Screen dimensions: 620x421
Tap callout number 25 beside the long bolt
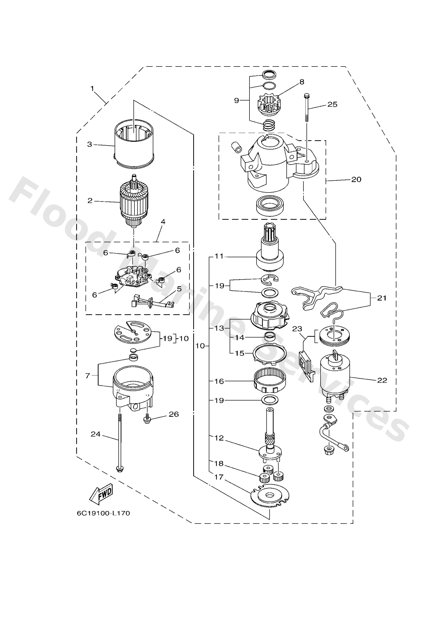pyautogui.click(x=332, y=104)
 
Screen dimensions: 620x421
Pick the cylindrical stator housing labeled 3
pyautogui.click(x=134, y=147)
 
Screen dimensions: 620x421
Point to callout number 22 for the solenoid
pyautogui.click(x=382, y=380)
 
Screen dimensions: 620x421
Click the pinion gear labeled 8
pyautogui.click(x=269, y=105)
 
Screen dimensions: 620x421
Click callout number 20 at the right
pyautogui.click(x=356, y=179)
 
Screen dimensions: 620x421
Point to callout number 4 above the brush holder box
pyautogui.click(x=163, y=222)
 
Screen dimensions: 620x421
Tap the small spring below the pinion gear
pyautogui.click(x=269, y=125)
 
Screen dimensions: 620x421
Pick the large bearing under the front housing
pyautogui.click(x=270, y=205)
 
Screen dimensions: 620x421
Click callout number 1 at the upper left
pyautogui.click(x=92, y=88)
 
